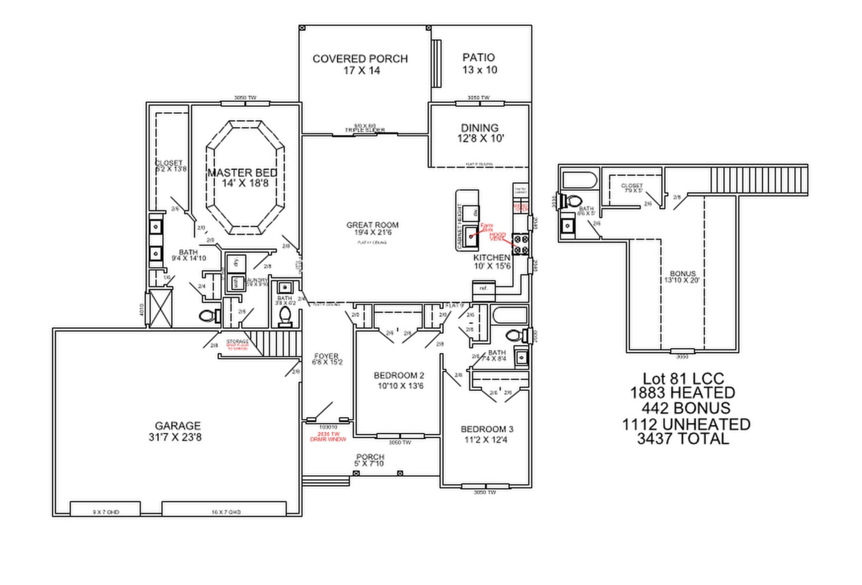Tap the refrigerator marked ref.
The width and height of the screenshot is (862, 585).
[483, 288]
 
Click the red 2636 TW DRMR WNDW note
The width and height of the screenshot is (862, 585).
[328, 437]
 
